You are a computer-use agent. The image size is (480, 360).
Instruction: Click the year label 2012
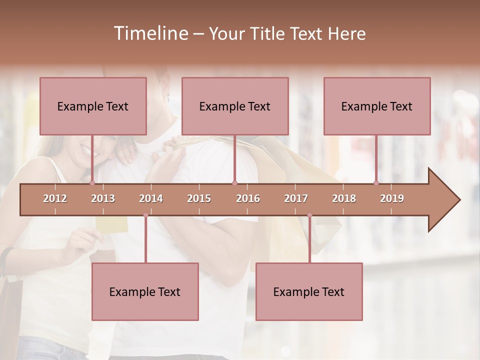55,198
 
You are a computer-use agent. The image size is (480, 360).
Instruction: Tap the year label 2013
103,198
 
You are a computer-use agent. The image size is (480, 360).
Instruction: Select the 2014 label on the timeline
151,198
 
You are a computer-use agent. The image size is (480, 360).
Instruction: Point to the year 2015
199,198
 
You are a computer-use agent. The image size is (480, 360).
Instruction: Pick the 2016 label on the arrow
248,198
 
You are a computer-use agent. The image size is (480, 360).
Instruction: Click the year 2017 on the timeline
296,198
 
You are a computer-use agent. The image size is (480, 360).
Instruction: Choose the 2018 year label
344,198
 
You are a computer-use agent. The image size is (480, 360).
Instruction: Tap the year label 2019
392,198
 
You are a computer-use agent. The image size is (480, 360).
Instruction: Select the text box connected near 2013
93,106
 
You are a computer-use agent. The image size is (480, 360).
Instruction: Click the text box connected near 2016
235,106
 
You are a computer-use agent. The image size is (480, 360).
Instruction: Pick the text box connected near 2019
377,106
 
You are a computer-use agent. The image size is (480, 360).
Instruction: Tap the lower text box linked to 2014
145,291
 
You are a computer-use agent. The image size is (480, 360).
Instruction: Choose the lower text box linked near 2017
309,291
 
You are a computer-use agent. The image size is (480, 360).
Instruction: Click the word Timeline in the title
150,33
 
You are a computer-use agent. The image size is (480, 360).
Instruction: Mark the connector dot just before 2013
92,183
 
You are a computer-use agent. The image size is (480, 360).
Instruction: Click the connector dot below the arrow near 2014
145,215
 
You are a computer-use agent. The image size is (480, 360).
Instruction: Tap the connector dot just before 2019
376,183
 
